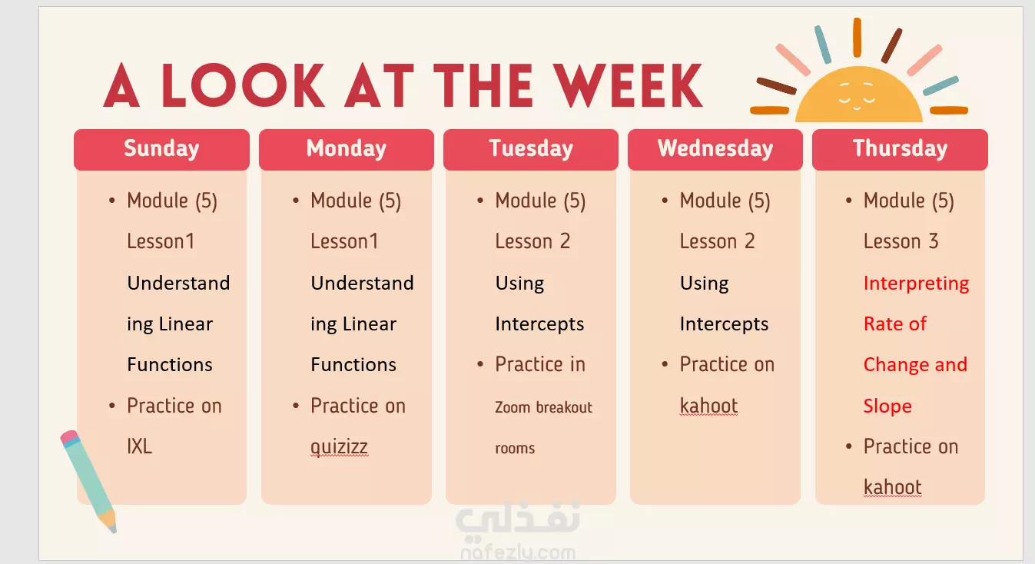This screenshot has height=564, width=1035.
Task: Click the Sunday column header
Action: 161,149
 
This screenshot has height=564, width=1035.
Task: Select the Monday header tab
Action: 346,149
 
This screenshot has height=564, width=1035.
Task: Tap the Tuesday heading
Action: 530,149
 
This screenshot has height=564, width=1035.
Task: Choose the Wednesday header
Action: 715,149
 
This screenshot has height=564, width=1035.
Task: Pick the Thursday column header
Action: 900,149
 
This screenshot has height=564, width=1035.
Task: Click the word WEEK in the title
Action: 628,85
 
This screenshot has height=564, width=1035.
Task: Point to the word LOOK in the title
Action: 243,85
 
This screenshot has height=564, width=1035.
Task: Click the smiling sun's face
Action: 857,97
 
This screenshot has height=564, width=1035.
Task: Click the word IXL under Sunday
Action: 139,446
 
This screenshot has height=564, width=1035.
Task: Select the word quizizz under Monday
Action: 339,447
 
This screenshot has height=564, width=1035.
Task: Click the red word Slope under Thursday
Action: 887,406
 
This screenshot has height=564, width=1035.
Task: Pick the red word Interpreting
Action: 916,284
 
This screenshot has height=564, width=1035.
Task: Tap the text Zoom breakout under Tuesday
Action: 543,407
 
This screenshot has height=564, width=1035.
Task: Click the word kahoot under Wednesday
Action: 708,406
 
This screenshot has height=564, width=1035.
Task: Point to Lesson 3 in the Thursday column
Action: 901,241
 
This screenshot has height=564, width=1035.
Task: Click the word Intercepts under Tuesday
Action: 539,324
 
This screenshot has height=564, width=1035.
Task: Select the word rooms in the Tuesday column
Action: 515,449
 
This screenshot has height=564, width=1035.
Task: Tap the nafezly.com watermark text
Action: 518,553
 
